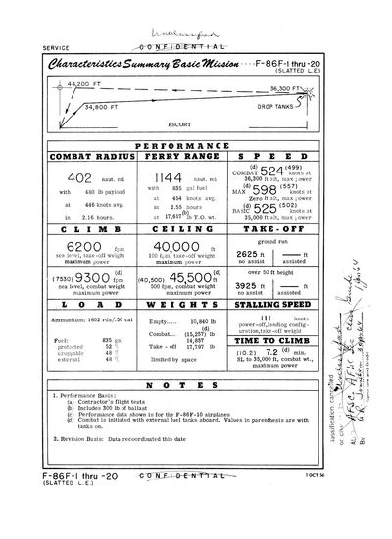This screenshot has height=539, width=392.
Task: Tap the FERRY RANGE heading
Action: [x=176, y=155]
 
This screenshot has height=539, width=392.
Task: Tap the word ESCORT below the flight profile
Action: [x=177, y=124]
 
